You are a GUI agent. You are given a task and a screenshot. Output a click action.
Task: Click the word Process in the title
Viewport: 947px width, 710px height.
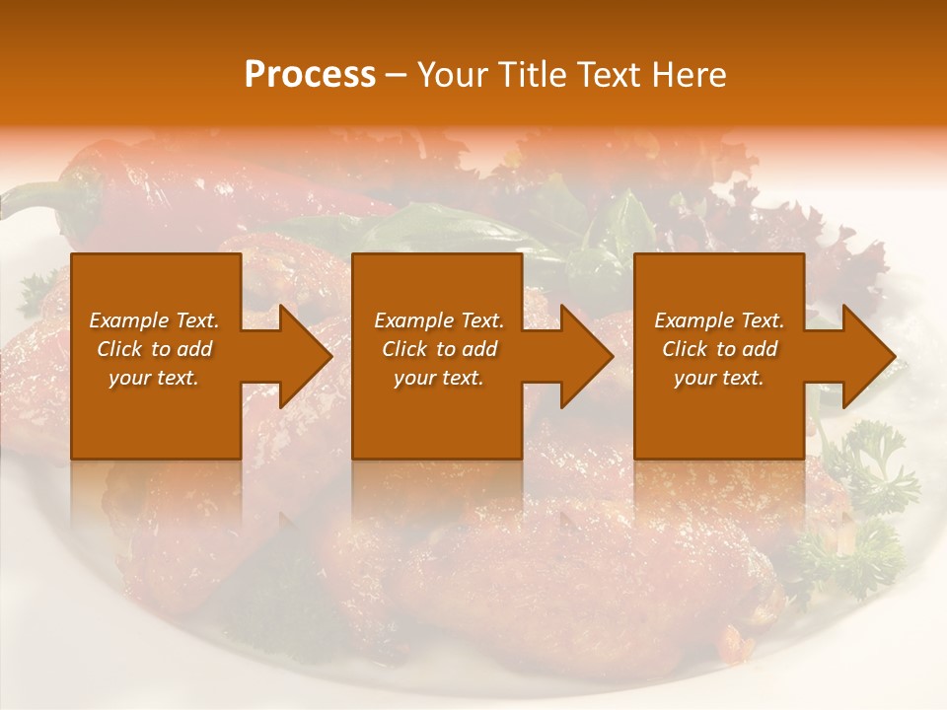[x=310, y=75]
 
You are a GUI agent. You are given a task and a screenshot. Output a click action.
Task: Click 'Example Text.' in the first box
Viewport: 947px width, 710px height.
[x=154, y=320]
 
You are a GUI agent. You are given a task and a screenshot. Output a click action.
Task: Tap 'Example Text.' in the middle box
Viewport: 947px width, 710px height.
[x=438, y=320]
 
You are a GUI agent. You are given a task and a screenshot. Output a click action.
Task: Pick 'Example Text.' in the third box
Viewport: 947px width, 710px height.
[x=719, y=320]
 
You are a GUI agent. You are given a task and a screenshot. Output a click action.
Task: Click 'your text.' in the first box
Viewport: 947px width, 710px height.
[x=154, y=378]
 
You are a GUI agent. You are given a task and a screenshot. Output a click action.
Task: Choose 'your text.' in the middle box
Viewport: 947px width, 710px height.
[x=438, y=378]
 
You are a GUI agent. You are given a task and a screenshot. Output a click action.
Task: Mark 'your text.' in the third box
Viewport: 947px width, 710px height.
[x=719, y=378]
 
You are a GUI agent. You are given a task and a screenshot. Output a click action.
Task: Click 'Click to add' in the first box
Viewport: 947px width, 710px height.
[x=154, y=349]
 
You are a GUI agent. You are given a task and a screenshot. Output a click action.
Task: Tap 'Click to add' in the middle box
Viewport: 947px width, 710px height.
[x=438, y=349]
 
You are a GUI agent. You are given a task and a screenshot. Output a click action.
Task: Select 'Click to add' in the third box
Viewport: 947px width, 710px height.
[x=719, y=349]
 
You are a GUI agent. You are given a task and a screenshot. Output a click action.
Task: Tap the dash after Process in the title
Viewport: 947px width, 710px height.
[x=396, y=76]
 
